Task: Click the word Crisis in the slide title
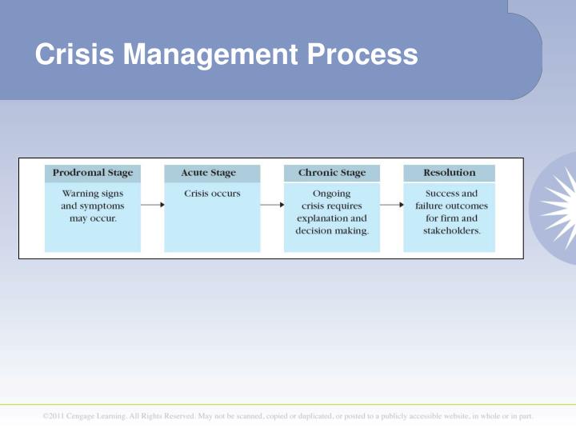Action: tap(74, 54)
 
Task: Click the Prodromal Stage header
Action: tap(93, 173)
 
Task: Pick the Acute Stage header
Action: tap(209, 173)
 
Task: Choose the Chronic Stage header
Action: tap(331, 173)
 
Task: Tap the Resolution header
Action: tap(450, 173)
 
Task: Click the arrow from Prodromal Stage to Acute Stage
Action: tap(152, 205)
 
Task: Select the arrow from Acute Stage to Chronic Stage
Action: tap(272, 205)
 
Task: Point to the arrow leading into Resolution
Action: tap(391, 205)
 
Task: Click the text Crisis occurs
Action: tap(212, 194)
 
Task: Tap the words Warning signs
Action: tap(92, 194)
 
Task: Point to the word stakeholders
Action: tap(451, 230)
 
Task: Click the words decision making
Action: tap(332, 230)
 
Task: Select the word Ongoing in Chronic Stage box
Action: tap(331, 194)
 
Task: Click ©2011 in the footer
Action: tap(54, 416)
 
